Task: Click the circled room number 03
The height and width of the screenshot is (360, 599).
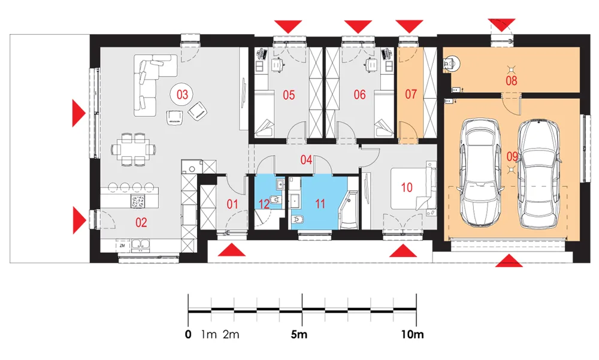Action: point(182,95)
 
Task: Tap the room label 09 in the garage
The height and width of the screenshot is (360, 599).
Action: point(512,156)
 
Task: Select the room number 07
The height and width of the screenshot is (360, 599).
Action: point(411,94)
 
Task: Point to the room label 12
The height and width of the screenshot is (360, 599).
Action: point(264,204)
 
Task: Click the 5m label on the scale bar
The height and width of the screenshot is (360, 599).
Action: point(299,334)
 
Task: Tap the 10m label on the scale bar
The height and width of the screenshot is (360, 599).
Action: point(412,334)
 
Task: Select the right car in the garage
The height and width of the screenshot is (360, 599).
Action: point(540,174)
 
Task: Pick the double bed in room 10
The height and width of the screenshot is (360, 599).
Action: point(414,187)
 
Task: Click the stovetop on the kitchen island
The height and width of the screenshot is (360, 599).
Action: point(138,201)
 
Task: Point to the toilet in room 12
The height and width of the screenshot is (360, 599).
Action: point(275,199)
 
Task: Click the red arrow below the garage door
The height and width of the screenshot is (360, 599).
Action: point(509,262)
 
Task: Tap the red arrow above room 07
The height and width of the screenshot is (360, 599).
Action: point(409,26)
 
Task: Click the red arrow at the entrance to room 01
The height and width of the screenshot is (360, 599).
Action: point(231,251)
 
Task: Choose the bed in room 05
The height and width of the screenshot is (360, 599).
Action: point(264,113)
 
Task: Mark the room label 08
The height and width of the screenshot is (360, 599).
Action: point(511,81)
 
